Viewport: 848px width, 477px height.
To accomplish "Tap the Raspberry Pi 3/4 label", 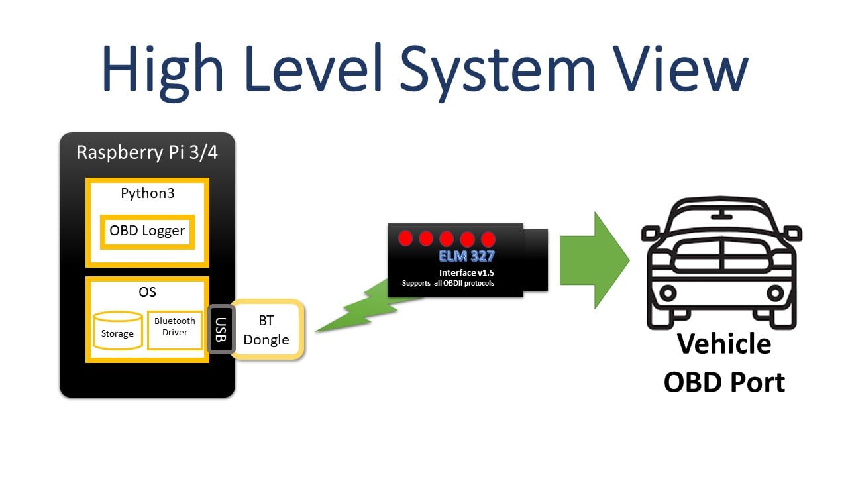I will (147, 152).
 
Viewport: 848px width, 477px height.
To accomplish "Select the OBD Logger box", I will (147, 232).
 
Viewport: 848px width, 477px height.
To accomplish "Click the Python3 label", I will (147, 193).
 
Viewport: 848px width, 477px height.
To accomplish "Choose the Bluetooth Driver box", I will (175, 327).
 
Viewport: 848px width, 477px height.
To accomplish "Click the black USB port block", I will (221, 329).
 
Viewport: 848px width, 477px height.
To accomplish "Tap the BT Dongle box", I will (266, 330).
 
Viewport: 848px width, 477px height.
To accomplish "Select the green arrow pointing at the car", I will (593, 260).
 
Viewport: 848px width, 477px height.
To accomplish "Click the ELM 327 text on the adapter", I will (466, 256).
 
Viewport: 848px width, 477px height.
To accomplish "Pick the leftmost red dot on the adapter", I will (405, 238).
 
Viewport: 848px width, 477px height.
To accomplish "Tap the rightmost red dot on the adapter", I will (488, 238).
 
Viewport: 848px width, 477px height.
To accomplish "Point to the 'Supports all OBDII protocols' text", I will (448, 284).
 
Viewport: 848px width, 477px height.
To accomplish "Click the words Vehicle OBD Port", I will (724, 363).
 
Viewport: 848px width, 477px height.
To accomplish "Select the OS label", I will (147, 291).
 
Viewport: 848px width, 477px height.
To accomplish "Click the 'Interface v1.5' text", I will (466, 272).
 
